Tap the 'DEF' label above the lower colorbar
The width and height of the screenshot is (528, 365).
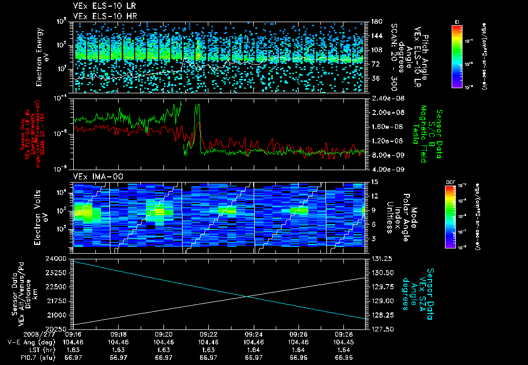[449, 182]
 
